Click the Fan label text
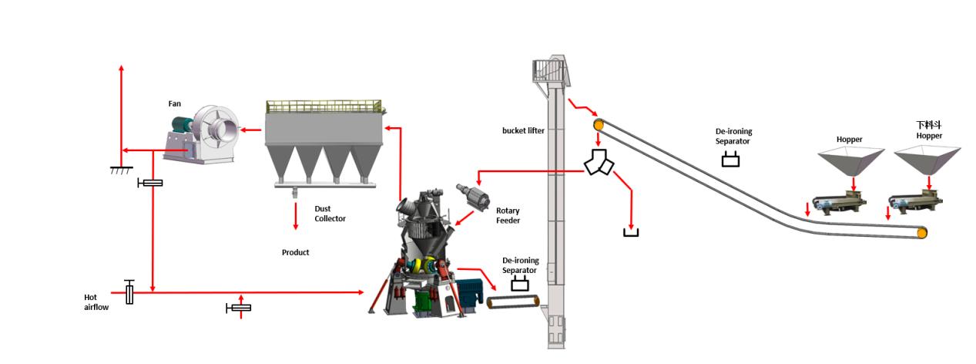coord(175,103)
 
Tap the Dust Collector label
coord(330,214)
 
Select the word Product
coord(295,252)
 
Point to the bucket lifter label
coord(523,130)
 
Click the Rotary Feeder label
coord(508,216)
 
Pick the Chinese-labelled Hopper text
coord(929,130)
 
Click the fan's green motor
coord(183,124)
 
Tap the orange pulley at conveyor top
coord(599,124)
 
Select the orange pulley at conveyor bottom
coord(922,233)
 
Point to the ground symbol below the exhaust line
coord(121,169)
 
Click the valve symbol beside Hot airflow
coord(129,292)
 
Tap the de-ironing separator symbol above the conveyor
coord(730,160)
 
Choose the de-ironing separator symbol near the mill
coord(520,284)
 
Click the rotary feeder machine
coord(473,197)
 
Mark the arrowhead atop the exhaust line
coord(121,69)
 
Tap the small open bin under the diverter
coord(631,231)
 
